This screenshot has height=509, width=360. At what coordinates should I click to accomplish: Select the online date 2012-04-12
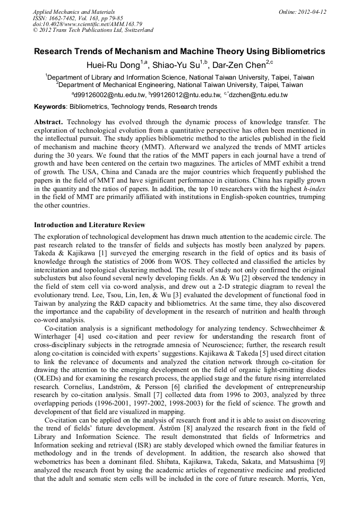point(312,12)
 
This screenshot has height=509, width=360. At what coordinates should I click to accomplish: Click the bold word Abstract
point(49,122)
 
